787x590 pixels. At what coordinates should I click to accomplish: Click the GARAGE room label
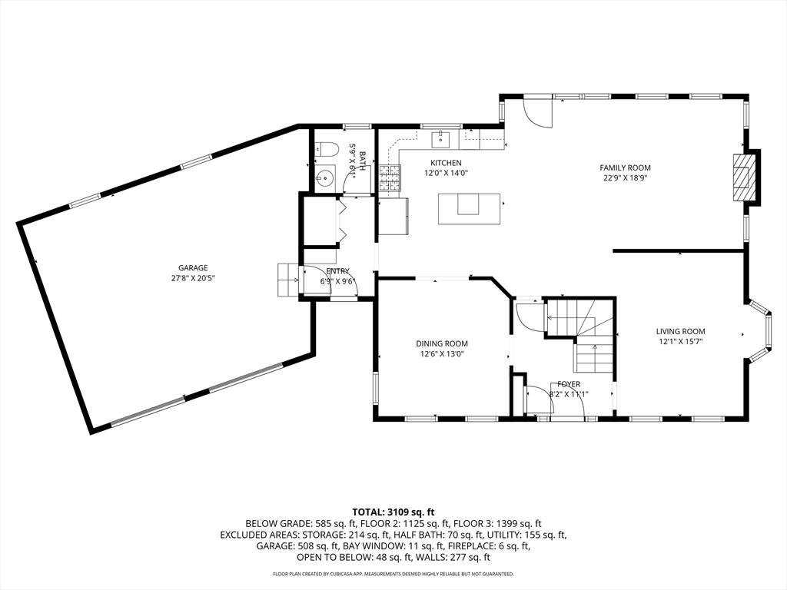click(x=193, y=268)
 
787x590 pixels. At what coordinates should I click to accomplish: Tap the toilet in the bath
click(x=325, y=150)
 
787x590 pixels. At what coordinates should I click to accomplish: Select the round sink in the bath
click(x=326, y=177)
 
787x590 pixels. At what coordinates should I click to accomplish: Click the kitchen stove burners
click(x=390, y=178)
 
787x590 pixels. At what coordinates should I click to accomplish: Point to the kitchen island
click(x=469, y=209)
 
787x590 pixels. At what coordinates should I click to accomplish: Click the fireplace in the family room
click(x=743, y=177)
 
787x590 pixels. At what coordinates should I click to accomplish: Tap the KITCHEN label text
click(x=446, y=163)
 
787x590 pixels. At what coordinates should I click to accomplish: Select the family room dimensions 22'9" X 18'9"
click(x=626, y=177)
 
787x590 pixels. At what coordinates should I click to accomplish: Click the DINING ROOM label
click(x=442, y=343)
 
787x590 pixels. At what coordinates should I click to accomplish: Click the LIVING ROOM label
click(x=681, y=331)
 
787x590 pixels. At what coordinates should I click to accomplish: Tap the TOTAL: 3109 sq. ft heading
click(x=393, y=512)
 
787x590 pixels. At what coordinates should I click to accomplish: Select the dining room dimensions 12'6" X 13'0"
click(x=442, y=354)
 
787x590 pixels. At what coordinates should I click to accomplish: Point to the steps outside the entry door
click(x=288, y=280)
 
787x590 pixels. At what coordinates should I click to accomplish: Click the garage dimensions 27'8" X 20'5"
click(x=193, y=278)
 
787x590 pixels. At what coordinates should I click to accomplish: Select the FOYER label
click(x=568, y=384)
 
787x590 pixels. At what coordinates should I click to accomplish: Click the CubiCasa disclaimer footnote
click(x=393, y=573)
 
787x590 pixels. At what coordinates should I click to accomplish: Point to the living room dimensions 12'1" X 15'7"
click(x=681, y=342)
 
